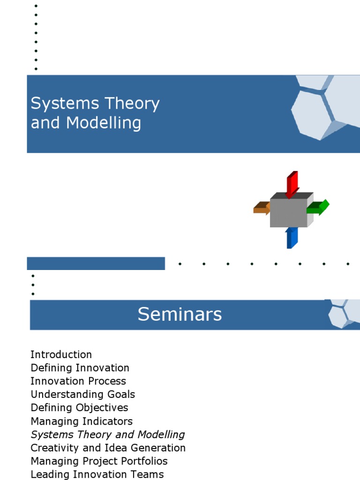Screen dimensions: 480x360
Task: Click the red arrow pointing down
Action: coord(292,183)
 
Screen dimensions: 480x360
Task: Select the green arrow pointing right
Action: coord(319,207)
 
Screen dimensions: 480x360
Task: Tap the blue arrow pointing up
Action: coord(291,238)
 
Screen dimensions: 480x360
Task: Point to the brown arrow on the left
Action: coord(262,208)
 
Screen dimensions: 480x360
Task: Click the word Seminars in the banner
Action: coord(180,315)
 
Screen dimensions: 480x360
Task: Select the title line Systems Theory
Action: coord(95,104)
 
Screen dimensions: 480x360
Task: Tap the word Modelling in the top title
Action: coord(104,123)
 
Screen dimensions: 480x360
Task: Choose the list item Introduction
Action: coord(61,354)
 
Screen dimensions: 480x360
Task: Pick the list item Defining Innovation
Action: coord(80,368)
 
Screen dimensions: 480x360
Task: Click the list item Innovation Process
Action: coord(78,381)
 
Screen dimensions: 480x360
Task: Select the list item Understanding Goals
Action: coord(82,394)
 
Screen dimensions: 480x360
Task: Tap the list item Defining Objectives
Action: coord(79,408)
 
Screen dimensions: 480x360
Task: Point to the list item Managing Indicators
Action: coord(82,421)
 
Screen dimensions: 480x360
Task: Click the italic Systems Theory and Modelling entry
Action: coord(108,435)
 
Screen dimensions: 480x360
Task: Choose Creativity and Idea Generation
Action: coord(108,448)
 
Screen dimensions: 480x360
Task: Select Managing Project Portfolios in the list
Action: coord(99,461)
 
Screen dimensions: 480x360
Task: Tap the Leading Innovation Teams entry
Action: coord(97,474)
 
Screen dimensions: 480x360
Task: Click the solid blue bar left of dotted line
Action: coord(96,263)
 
